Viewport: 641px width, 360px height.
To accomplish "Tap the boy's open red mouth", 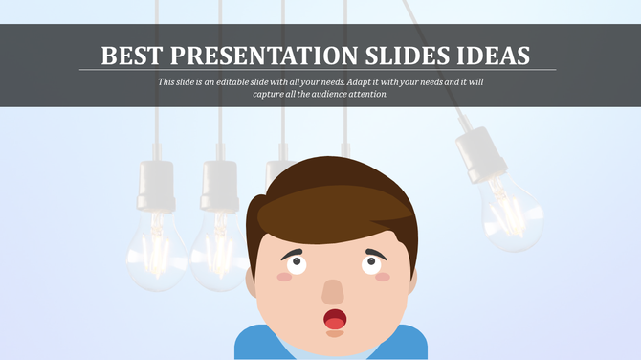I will point(334,319).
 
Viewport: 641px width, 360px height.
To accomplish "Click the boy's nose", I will point(332,291).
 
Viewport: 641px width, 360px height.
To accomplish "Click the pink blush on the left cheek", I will point(284,276).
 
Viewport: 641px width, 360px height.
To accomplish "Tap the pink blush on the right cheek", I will point(383,276).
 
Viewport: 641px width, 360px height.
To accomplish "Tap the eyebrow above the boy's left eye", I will point(295,251).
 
